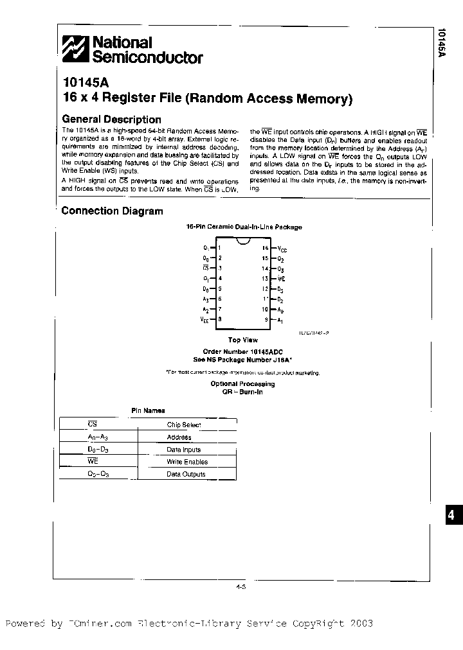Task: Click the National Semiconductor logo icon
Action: pos(75,49)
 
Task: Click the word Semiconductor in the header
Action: pos(148,58)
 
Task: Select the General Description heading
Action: pos(111,119)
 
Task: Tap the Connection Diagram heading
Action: pos(112,211)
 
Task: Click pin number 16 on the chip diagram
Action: pos(264,247)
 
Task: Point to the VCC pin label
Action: pos(282,248)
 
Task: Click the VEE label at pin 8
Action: pos(204,319)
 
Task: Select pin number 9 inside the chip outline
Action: pos(265,319)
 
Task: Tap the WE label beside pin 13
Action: pos(282,279)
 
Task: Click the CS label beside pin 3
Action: pos(205,268)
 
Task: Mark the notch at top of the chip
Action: pos(242,242)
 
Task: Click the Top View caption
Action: pos(242,340)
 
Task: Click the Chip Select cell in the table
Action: pos(184,425)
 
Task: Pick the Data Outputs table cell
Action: pos(186,474)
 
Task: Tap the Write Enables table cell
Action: pos(186,462)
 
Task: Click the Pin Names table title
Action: pos(148,410)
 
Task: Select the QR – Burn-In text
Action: pos(242,391)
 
